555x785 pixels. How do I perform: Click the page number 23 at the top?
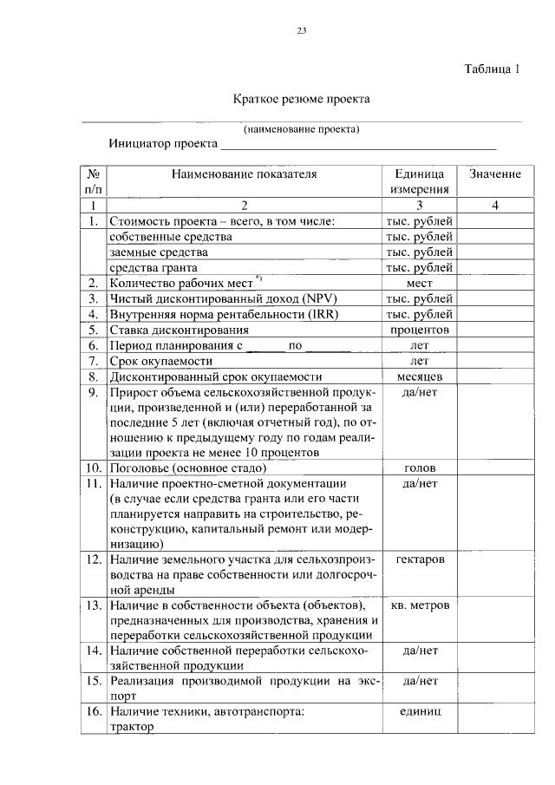coord(301,31)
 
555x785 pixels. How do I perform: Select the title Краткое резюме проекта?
coord(301,100)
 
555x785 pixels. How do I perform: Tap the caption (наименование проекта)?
coord(301,129)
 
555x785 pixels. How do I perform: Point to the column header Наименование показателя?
coord(244,174)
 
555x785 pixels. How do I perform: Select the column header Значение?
coord(495,174)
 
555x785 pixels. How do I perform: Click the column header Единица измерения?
coord(419,181)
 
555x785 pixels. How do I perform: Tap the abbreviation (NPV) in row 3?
coord(297,299)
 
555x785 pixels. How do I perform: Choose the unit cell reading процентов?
coord(420,330)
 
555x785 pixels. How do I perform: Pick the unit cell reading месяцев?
coord(420,377)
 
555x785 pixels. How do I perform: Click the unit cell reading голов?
coord(420,468)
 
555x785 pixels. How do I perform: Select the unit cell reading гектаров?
coord(420,559)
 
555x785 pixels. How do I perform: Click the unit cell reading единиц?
coord(420,711)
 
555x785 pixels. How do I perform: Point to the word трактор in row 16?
coord(131,727)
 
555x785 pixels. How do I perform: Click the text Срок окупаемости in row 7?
coord(160,362)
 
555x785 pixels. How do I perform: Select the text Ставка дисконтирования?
coord(180,330)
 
